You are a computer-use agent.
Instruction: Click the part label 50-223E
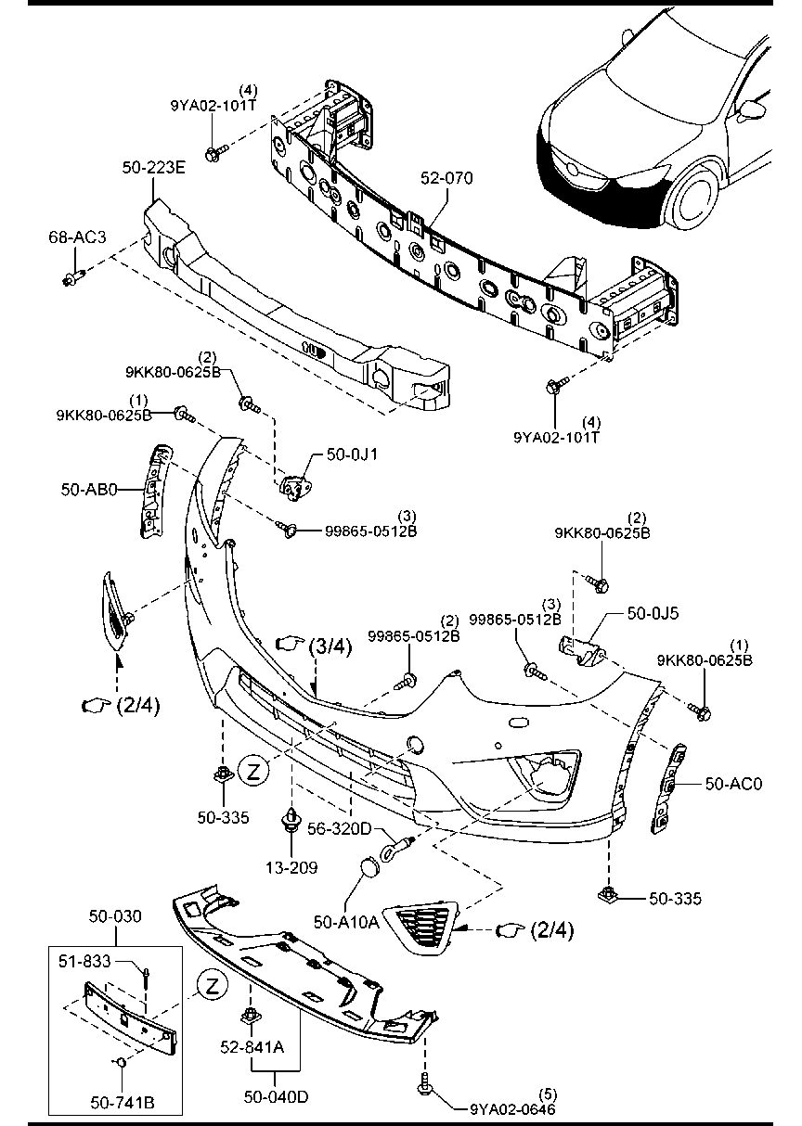point(154,168)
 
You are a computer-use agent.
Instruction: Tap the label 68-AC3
point(77,238)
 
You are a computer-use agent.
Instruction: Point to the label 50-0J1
point(344,454)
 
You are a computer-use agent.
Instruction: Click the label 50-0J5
point(653,613)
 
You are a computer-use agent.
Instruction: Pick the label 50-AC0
point(733,784)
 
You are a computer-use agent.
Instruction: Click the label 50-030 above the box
point(115,917)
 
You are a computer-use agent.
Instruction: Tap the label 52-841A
point(252,1048)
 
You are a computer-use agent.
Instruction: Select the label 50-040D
point(278,1097)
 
